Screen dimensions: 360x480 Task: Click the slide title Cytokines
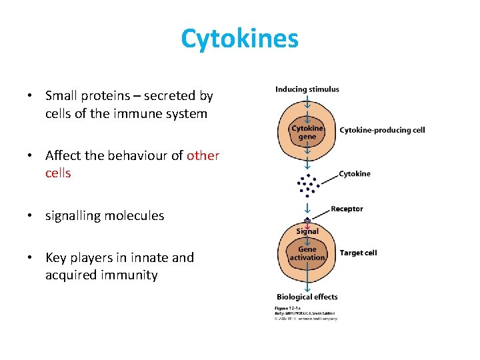coord(239,39)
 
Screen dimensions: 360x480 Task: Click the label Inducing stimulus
coord(307,89)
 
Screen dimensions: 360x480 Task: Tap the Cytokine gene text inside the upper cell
coord(307,132)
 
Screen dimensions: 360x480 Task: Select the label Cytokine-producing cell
coord(382,130)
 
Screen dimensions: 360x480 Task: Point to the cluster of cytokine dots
coord(307,185)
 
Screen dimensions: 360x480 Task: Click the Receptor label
coord(347,209)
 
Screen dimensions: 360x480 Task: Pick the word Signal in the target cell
coord(307,231)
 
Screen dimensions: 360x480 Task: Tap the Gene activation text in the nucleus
coord(307,254)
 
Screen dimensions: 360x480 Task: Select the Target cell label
coord(358,253)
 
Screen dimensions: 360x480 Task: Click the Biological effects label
coord(307,297)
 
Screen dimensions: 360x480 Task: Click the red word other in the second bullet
coord(203,155)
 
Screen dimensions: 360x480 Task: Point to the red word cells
coord(58,173)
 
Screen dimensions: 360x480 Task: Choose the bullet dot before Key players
coord(30,258)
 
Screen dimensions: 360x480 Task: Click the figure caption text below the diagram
coord(305,313)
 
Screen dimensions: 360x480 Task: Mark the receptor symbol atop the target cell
coord(307,221)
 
